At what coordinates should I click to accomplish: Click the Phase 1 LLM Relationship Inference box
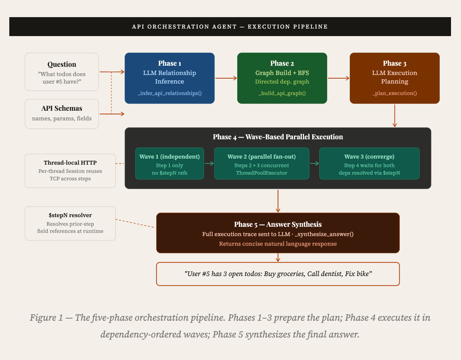tap(169, 78)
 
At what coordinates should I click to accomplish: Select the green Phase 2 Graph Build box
tap(282, 78)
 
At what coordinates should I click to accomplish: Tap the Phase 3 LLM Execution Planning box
tap(394, 78)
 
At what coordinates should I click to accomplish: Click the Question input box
tap(62, 72)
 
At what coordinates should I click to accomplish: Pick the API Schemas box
tap(62, 114)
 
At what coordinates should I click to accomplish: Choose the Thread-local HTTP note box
tap(70, 171)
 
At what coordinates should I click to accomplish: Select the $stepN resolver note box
tap(70, 224)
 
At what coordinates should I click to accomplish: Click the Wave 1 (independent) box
tap(169, 164)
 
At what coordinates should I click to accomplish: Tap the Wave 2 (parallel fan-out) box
tap(262, 164)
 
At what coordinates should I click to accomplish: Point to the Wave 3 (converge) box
tap(369, 164)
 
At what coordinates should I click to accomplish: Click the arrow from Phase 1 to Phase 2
tap(226, 78)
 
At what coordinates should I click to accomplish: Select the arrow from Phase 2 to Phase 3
tap(338, 78)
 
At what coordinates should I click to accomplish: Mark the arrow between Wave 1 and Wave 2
tap(209, 164)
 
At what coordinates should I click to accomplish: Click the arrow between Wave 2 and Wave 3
tap(314, 164)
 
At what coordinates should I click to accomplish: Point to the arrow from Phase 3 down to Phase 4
tap(394, 115)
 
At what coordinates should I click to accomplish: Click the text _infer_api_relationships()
tap(169, 93)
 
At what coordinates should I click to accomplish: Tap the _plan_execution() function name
tap(394, 93)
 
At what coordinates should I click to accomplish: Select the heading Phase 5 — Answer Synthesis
tap(278, 224)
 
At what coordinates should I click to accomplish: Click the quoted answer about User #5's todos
tap(278, 274)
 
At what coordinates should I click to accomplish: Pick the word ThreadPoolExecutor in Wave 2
tap(262, 173)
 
